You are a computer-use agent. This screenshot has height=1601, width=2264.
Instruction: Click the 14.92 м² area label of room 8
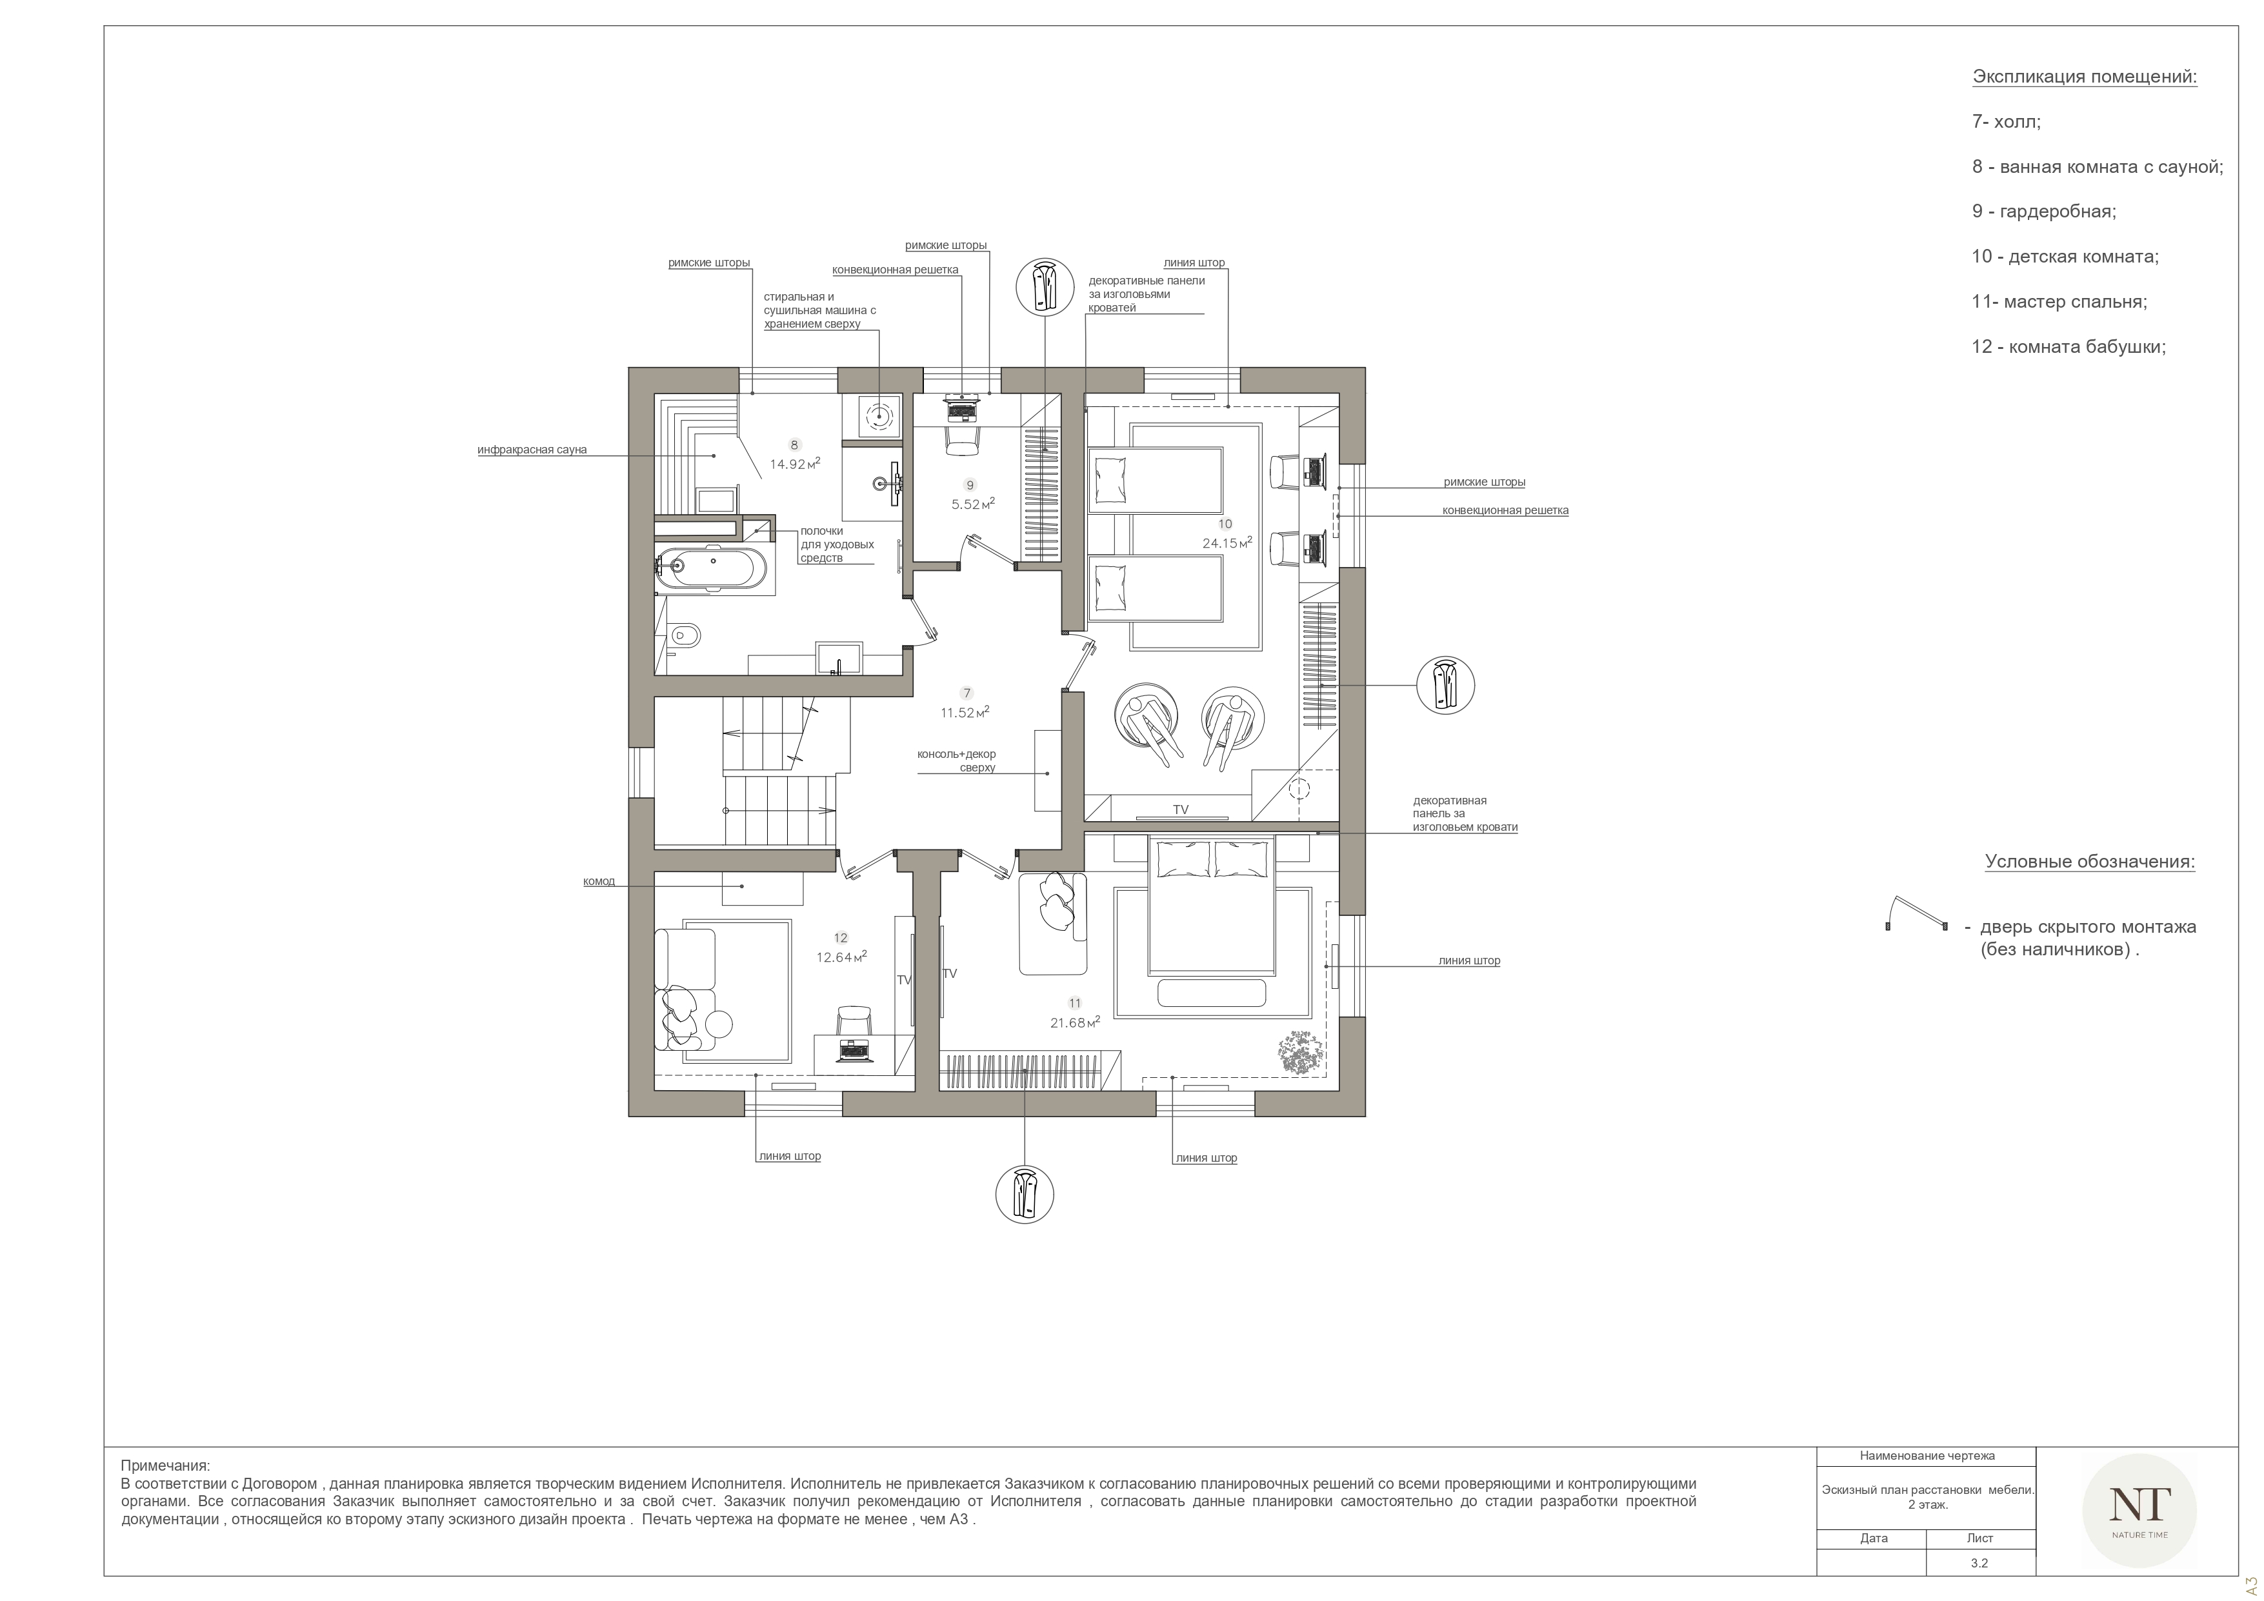click(x=795, y=463)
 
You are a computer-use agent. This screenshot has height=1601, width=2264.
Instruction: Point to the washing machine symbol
click(x=877, y=416)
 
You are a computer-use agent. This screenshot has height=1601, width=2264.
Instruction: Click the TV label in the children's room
click(x=1180, y=810)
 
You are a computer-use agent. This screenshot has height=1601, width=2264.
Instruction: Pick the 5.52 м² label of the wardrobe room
click(x=972, y=504)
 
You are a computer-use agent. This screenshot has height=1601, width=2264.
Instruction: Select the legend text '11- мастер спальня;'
click(x=2059, y=302)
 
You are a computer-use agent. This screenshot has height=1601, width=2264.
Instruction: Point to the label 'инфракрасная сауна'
click(x=532, y=450)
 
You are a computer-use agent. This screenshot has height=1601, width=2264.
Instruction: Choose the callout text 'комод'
click(x=599, y=881)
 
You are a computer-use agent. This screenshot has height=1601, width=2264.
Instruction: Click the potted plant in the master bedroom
click(x=1301, y=1052)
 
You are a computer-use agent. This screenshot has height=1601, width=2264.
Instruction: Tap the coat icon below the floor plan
click(x=1025, y=1194)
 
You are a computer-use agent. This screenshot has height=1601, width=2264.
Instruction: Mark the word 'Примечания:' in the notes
click(x=166, y=1466)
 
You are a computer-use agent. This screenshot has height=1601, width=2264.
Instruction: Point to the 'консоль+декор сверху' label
click(x=956, y=760)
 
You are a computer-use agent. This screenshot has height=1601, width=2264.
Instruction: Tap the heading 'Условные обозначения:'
click(x=2089, y=862)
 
